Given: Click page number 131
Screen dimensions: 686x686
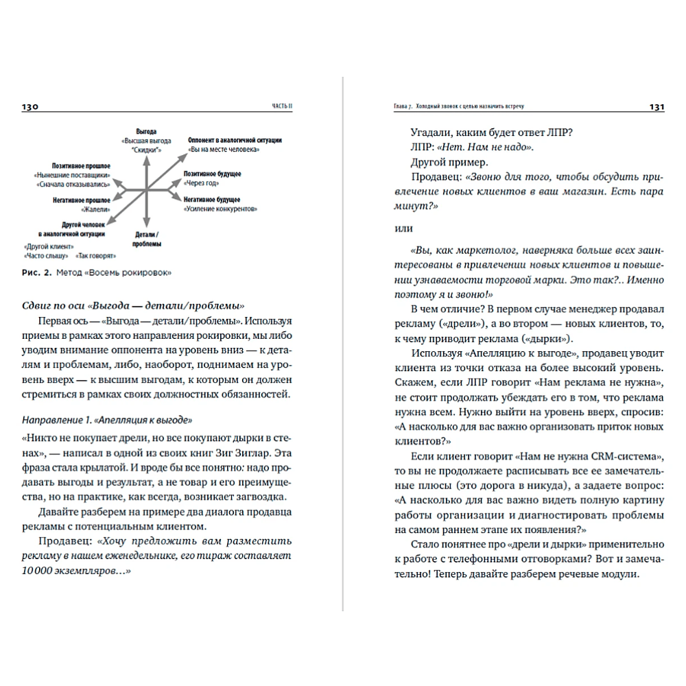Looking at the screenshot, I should click(x=656, y=107).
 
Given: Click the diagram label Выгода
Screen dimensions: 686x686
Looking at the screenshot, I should click(x=146, y=130).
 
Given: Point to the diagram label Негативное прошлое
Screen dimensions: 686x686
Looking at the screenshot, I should click(x=81, y=200).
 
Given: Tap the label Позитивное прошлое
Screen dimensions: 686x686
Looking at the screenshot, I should click(x=81, y=166).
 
